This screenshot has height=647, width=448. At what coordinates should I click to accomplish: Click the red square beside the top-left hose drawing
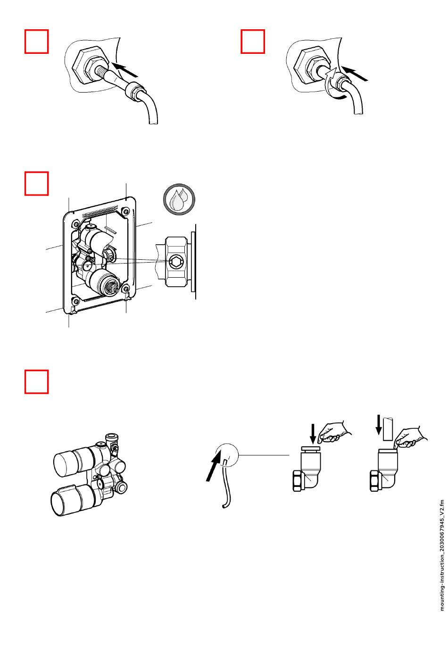click(36, 42)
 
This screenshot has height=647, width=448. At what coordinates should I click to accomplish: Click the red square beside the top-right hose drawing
click(253, 42)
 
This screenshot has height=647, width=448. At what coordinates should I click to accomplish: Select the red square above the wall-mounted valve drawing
click(36, 183)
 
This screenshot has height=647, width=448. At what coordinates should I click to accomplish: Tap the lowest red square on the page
click(36, 382)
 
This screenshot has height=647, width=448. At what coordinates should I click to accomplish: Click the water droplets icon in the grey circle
click(179, 199)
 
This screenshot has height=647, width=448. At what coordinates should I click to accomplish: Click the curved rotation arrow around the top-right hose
click(336, 85)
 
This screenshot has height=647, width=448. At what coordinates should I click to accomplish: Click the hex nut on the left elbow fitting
click(299, 481)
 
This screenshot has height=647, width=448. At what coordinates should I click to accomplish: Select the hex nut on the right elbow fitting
click(376, 481)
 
